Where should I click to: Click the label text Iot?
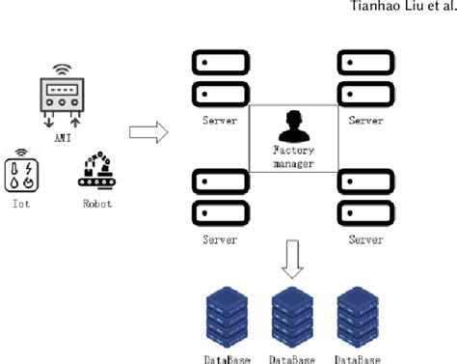(x=20, y=205)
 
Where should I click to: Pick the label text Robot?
(x=96, y=205)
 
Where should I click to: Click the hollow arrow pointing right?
(x=148, y=130)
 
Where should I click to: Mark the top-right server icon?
(x=362, y=79)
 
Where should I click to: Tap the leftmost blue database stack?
(x=228, y=318)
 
